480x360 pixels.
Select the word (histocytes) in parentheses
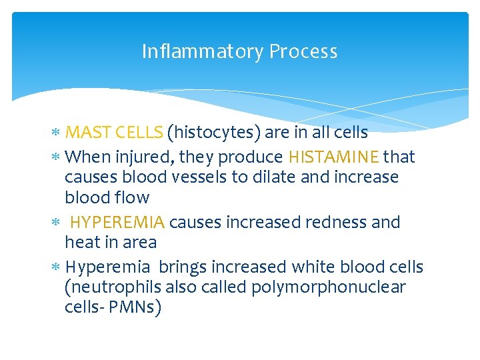[x=213, y=133]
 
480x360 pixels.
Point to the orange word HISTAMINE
[x=333, y=157]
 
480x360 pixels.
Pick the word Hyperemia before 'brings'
[x=108, y=267]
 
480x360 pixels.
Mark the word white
[x=315, y=267]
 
